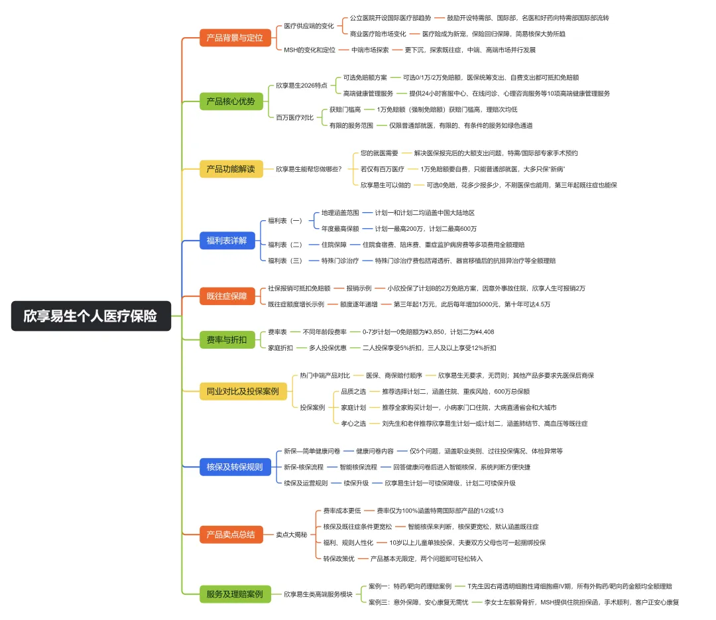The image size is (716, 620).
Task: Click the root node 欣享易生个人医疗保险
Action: tap(91, 316)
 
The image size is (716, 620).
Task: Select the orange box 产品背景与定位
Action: tap(235, 38)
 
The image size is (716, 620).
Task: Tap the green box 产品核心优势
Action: tap(231, 101)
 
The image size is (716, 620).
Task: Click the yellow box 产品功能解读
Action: tap(230, 169)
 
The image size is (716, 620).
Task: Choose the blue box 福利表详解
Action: tap(226, 241)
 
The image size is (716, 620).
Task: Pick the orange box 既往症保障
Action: tap(226, 296)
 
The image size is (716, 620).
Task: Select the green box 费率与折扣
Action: tap(226, 340)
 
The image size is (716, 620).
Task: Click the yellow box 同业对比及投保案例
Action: tap(243, 391)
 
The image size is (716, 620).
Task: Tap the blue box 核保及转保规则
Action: tap(235, 467)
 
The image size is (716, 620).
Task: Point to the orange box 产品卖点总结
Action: tap(230, 534)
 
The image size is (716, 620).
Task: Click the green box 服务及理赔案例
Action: tap(235, 594)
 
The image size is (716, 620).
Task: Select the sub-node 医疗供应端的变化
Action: tap(309, 26)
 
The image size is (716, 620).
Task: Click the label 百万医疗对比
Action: tap(295, 117)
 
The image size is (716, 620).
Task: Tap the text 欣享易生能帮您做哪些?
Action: tap(309, 169)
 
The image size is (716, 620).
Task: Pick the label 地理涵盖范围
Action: tap(340, 213)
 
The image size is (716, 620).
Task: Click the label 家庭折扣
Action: tap(281, 347)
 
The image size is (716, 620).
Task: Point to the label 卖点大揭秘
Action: tap(292, 534)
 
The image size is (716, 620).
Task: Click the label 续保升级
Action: tap(357, 483)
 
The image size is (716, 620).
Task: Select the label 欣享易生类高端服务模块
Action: tap(318, 594)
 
